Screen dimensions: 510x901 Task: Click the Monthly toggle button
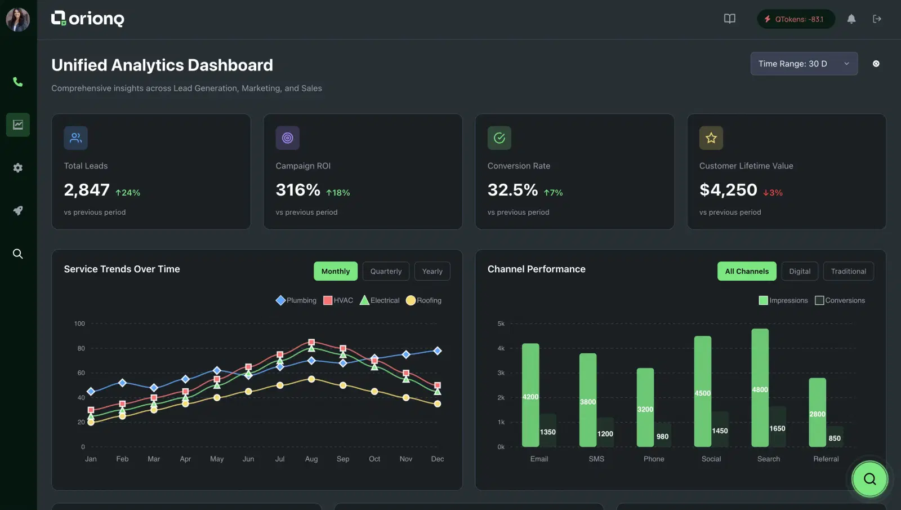pyautogui.click(x=335, y=271)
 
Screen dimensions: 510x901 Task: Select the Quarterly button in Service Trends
pyautogui.click(x=386, y=271)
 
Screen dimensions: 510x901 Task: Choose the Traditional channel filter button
pyautogui.click(x=848, y=271)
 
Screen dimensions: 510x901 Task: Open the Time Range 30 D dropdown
pyautogui.click(x=804, y=64)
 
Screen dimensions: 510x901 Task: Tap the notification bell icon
pyautogui.click(x=851, y=19)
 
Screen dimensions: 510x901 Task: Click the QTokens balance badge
pyautogui.click(x=795, y=19)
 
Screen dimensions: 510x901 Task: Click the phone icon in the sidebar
pyautogui.click(x=18, y=82)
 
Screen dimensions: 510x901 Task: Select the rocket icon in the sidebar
pyautogui.click(x=18, y=211)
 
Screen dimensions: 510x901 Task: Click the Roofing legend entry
pyautogui.click(x=423, y=300)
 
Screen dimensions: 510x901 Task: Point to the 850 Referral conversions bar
pyautogui.click(x=835, y=437)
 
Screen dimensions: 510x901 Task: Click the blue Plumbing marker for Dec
pyautogui.click(x=438, y=351)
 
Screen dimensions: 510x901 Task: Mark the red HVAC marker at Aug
pyautogui.click(x=311, y=342)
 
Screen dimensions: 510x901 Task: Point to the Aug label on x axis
pyautogui.click(x=311, y=459)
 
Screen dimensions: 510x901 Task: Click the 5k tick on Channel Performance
pyautogui.click(x=501, y=323)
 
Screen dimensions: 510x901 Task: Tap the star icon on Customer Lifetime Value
pyautogui.click(x=711, y=138)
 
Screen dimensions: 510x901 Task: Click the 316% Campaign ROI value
pyautogui.click(x=298, y=190)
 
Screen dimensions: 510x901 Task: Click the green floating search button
pyautogui.click(x=869, y=478)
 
